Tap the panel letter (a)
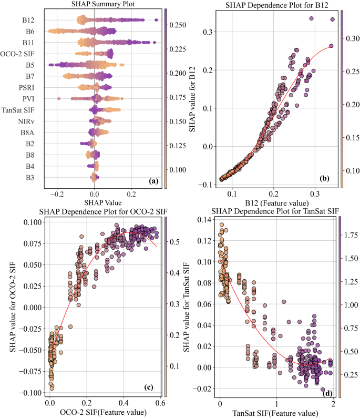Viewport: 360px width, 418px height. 153,181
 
